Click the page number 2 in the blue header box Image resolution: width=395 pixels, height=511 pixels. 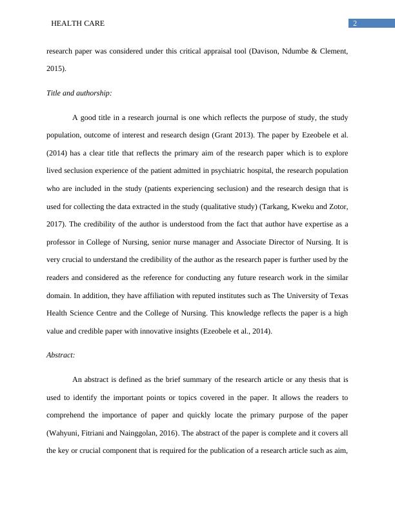point(354,24)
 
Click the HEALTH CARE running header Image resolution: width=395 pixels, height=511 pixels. point(77,24)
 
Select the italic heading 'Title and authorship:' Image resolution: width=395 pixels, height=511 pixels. point(79,94)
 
